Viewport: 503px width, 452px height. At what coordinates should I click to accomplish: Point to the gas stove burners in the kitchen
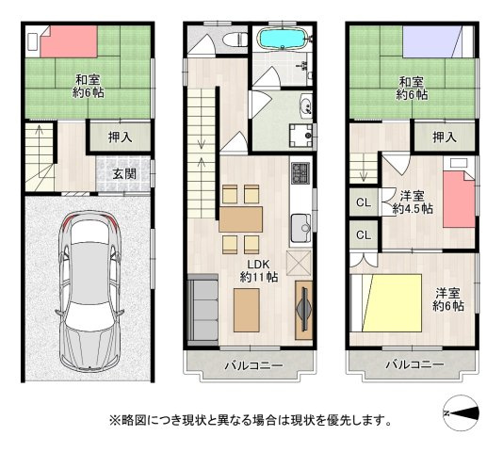point(300,173)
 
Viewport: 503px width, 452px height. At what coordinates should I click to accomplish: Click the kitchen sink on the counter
point(300,227)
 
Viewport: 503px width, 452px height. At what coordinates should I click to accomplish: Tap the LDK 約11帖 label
point(257,271)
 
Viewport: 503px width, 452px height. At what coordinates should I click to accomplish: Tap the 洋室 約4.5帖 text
point(414,202)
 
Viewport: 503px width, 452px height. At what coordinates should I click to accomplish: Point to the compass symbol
point(462,412)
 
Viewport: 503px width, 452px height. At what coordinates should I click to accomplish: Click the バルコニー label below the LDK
point(252,364)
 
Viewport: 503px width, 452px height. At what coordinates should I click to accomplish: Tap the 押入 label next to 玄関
point(120,137)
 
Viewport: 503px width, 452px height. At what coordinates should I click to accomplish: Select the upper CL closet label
point(362,201)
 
